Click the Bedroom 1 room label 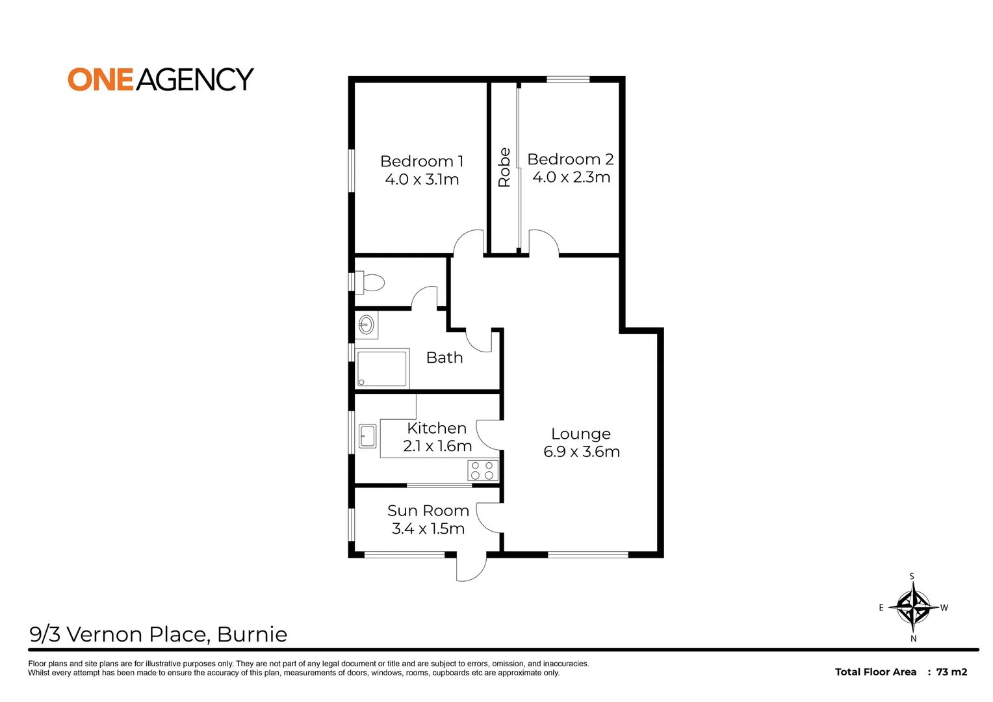tap(421, 161)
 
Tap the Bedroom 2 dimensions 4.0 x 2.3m tap(571, 177)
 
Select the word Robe tap(504, 168)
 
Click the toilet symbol tap(372, 283)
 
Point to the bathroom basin tap(367, 324)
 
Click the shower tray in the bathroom tap(382, 369)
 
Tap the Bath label tap(445, 357)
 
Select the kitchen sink tap(368, 436)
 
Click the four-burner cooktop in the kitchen tap(483, 471)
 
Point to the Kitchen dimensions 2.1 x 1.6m tap(437, 447)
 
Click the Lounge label tap(581, 434)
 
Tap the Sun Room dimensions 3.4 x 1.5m tap(428, 529)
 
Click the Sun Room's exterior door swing tap(471, 568)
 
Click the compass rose tap(913, 607)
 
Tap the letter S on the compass tap(912, 577)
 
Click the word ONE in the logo tap(101, 79)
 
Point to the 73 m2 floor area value tap(951, 672)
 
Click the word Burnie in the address tap(252, 634)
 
